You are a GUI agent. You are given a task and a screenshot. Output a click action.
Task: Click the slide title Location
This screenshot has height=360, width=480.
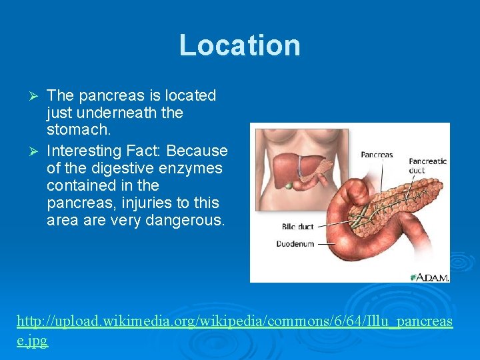pyautogui.click(x=239, y=45)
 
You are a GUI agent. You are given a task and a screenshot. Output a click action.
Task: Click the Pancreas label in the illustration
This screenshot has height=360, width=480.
pyautogui.click(x=377, y=155)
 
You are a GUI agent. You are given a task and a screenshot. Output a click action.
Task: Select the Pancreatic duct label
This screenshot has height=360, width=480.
pyautogui.click(x=426, y=165)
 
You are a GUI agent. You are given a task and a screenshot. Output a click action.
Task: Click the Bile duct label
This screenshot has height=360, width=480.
pyautogui.click(x=297, y=227)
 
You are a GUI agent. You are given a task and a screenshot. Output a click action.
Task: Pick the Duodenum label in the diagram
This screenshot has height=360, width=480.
pyautogui.click(x=295, y=244)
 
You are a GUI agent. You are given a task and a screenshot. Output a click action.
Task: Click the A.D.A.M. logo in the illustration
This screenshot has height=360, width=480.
pyautogui.click(x=429, y=276)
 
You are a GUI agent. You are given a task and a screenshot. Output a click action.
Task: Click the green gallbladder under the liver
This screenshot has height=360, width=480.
pyautogui.click(x=289, y=186)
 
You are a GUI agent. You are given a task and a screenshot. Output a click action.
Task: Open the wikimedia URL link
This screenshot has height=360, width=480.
pyautogui.click(x=234, y=321)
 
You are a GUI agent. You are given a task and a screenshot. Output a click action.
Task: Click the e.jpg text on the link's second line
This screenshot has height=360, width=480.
pyautogui.click(x=32, y=341)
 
